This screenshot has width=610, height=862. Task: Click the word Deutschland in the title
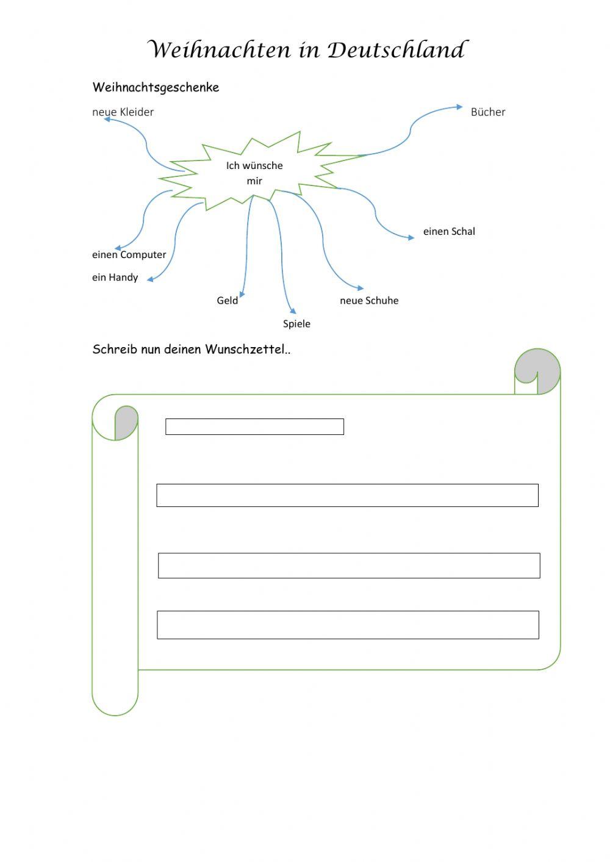coord(397,50)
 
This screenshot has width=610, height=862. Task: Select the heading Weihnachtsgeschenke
coord(156,87)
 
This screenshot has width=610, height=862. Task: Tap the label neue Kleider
coord(123,112)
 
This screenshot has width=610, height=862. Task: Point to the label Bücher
coord(488,112)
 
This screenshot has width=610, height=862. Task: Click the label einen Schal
coord(449,231)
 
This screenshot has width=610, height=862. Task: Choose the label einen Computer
coord(129,254)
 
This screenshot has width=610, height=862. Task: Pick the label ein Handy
coord(115,277)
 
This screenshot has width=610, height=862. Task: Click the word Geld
coord(227,300)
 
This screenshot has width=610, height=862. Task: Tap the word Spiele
coord(296,323)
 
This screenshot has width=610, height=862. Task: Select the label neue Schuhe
coord(369,300)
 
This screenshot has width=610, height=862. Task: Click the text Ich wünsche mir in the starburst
coord(254,173)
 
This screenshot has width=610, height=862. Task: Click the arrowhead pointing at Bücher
coord(459,107)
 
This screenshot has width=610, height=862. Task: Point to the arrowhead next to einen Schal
coord(411,238)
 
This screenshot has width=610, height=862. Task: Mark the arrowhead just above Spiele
coord(293,311)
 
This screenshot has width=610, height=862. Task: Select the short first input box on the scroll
coord(254,426)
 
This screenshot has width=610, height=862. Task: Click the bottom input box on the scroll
coord(348,625)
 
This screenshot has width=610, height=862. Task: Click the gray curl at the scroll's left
coord(126,422)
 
